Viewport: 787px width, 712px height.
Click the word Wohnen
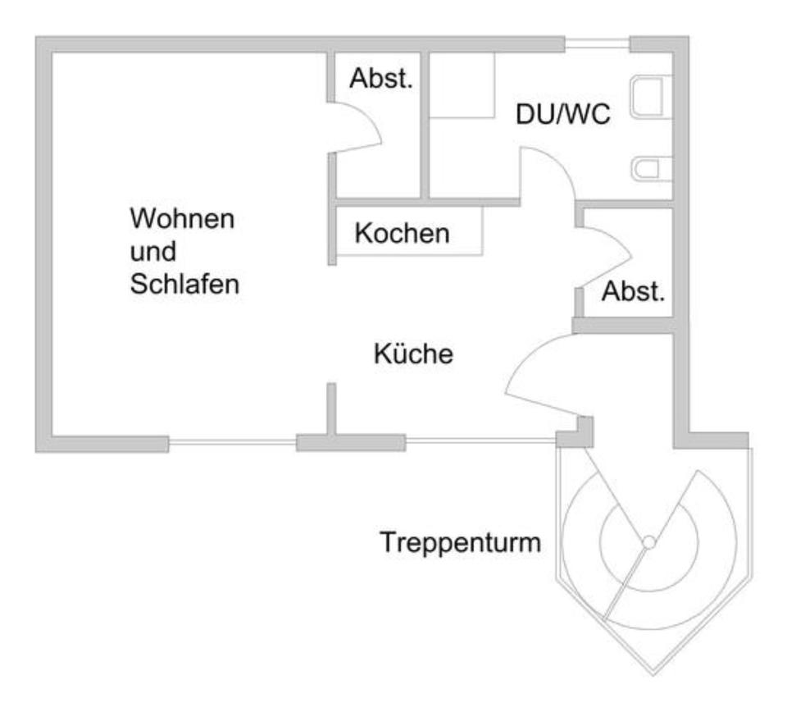pos(183,220)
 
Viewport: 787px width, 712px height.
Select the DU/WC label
pos(562,115)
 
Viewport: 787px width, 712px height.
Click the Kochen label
pos(402,234)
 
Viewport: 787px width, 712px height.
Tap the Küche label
pos(413,355)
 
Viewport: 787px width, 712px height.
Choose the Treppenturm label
pos(460,541)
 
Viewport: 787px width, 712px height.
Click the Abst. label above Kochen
pos(380,79)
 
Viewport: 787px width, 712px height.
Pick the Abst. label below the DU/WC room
pos(632,292)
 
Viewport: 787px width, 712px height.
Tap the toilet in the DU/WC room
pos(653,169)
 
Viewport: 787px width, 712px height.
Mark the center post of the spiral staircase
pos(648,542)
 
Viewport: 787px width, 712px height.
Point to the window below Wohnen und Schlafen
pos(232,444)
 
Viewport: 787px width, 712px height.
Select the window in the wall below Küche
pos(480,443)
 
